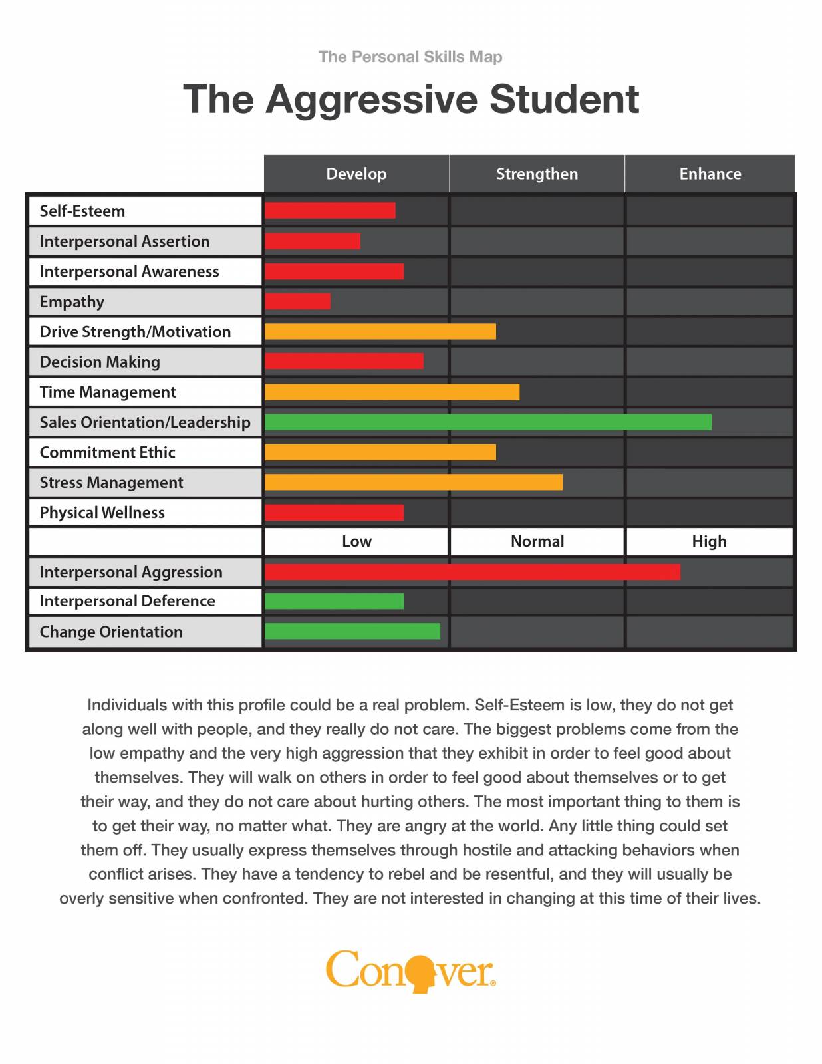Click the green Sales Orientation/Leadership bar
pyautogui.click(x=487, y=422)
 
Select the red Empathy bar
pyautogui.click(x=297, y=301)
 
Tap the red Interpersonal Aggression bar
pyautogui.click(x=472, y=572)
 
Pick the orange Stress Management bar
pyautogui.click(x=413, y=482)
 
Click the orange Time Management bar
pyautogui.click(x=392, y=392)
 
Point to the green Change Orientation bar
pyautogui.click(x=352, y=631)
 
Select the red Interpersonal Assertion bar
pyautogui.click(x=313, y=241)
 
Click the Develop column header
pyautogui.click(x=356, y=174)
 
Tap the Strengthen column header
pyautogui.click(x=537, y=174)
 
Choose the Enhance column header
pyautogui.click(x=710, y=174)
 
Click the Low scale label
pyautogui.click(x=356, y=541)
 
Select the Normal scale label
pyautogui.click(x=537, y=541)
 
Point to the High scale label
pyautogui.click(x=709, y=541)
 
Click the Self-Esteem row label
pyautogui.click(x=82, y=211)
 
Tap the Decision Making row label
pyautogui.click(x=100, y=362)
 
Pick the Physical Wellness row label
pyautogui.click(x=102, y=513)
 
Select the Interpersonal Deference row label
pyautogui.click(x=127, y=601)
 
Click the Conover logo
pyautogui.click(x=410, y=971)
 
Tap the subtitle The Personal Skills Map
pyautogui.click(x=410, y=57)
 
